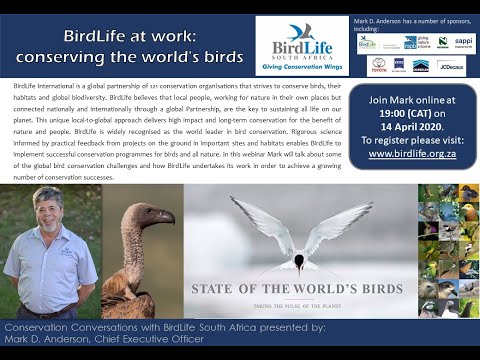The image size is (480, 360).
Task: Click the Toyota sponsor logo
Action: point(379,65)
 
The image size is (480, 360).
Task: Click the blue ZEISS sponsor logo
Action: point(399,65)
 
